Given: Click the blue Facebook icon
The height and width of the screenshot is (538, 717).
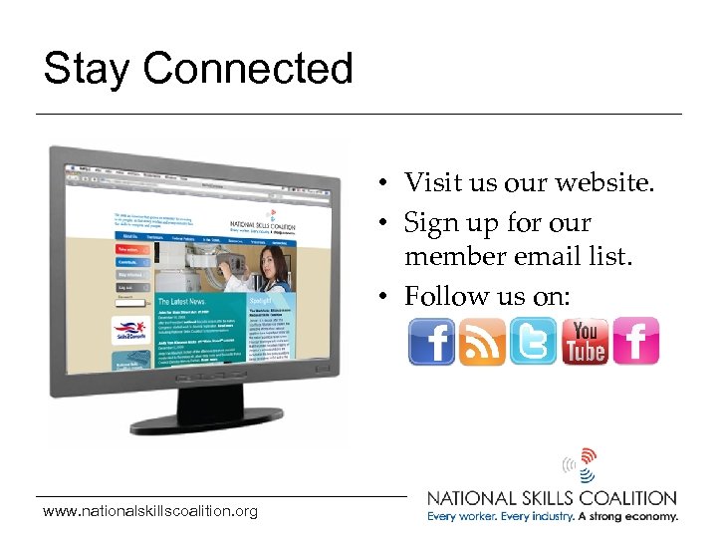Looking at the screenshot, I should click(431, 342).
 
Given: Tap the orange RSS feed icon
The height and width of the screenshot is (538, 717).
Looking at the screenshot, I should click(482, 342).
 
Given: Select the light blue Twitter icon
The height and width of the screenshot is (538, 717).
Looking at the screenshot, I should click(533, 342).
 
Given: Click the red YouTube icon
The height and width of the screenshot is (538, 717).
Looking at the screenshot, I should click(585, 342).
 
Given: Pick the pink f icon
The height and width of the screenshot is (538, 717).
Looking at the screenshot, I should click(635, 342).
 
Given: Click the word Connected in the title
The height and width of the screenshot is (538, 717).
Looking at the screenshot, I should click(248, 69).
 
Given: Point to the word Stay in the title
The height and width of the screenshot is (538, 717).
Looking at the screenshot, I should click(88, 69).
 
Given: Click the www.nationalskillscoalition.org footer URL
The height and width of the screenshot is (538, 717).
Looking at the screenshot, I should click(150, 512).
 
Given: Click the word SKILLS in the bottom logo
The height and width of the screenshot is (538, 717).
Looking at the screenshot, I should click(556, 498).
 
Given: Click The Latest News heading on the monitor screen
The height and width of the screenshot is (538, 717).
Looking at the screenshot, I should click(180, 302).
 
